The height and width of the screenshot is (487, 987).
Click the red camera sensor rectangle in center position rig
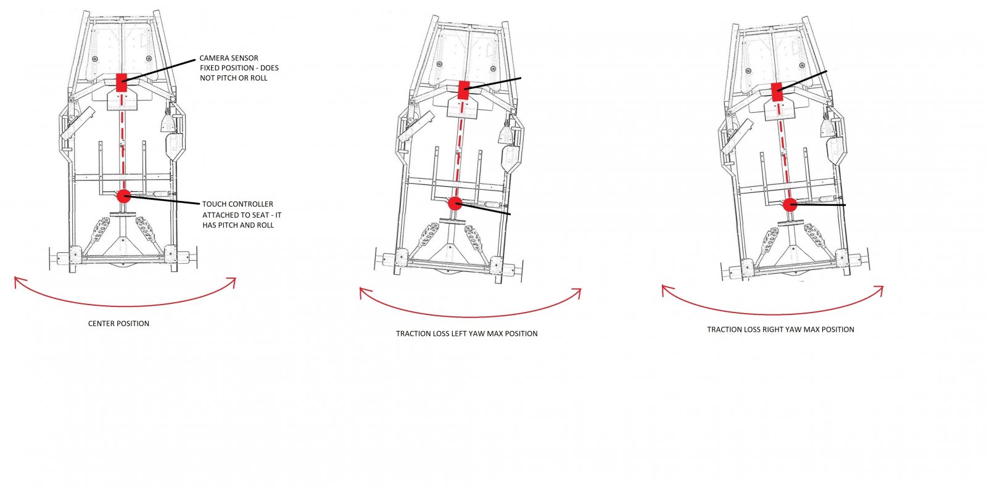tap(122, 83)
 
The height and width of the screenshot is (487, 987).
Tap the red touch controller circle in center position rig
tap(124, 197)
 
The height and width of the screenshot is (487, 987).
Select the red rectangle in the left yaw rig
tap(463, 90)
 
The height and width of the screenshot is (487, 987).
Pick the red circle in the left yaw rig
tap(455, 203)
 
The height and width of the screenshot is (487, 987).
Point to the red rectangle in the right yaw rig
tap(777, 92)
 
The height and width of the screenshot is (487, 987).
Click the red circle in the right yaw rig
tap(790, 205)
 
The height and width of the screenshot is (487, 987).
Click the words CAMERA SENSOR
tap(229, 58)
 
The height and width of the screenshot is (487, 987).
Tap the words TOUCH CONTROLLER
tap(237, 204)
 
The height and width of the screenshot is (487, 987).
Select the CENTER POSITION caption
tap(118, 324)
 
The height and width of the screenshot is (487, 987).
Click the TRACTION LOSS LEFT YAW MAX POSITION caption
tap(466, 334)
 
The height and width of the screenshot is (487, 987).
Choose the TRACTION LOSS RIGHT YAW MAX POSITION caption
tap(780, 329)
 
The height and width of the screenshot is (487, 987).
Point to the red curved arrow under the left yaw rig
tap(471, 316)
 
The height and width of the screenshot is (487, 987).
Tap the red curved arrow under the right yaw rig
tap(773, 314)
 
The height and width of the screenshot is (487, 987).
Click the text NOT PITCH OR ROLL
tap(234, 78)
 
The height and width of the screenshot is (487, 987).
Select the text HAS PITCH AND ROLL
tap(238, 226)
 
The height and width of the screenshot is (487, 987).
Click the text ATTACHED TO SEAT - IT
tap(242, 215)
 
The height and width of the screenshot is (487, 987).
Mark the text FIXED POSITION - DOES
tap(239, 68)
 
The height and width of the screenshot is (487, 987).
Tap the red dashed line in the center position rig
tap(122, 141)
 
